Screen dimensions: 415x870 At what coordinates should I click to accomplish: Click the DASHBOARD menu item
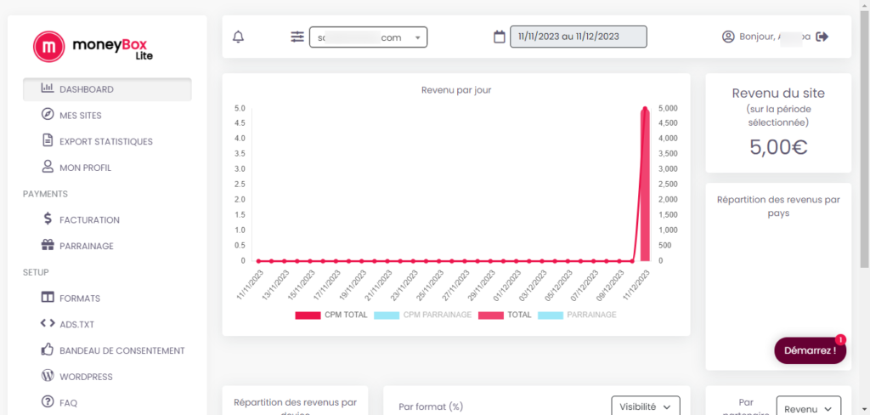coord(106,89)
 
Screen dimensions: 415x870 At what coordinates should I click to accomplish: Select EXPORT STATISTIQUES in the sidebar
coord(105,141)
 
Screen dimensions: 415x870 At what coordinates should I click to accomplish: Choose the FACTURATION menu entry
coord(88,219)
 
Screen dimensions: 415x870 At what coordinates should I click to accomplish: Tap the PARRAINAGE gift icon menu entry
coord(86,246)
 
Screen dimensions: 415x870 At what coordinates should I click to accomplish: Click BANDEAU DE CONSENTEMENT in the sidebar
coord(121,350)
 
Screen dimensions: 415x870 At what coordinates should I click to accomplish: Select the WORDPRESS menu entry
coord(85,377)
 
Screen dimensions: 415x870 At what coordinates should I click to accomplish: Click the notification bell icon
coord(238,37)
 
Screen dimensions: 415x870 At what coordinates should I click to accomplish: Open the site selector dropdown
coord(368,37)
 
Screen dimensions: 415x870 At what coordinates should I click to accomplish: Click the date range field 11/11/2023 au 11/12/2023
coord(578,37)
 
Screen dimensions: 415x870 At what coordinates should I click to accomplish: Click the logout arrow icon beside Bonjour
coord(822,37)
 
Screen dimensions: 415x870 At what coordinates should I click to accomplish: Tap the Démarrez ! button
coord(810,350)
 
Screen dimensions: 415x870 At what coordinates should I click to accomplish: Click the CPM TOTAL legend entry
coord(332,315)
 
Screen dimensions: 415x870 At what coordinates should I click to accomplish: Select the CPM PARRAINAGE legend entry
coord(422,315)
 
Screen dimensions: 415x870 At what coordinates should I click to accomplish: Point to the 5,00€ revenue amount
coord(777,146)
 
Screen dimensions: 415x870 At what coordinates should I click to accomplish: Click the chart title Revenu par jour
coord(456,89)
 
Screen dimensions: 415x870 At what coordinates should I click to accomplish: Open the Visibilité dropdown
coord(646,407)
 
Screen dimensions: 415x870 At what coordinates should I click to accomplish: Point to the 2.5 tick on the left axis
coord(240,185)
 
